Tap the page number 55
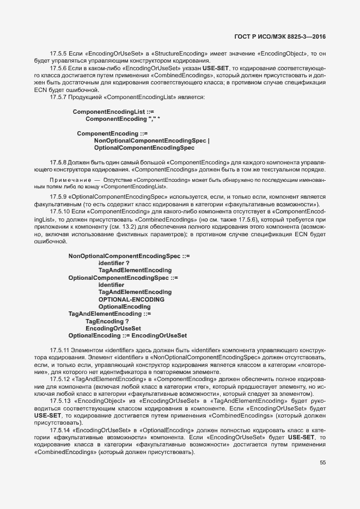(322, 463)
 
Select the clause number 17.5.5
(58, 53)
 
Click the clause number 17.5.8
(58, 162)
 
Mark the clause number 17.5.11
(60, 349)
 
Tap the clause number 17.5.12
(60, 378)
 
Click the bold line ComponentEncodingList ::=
(109, 111)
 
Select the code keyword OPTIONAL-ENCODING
(131, 299)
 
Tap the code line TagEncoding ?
(107, 321)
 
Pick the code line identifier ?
(114, 262)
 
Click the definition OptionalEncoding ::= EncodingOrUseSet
(127, 335)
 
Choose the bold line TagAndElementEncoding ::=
(109, 314)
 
